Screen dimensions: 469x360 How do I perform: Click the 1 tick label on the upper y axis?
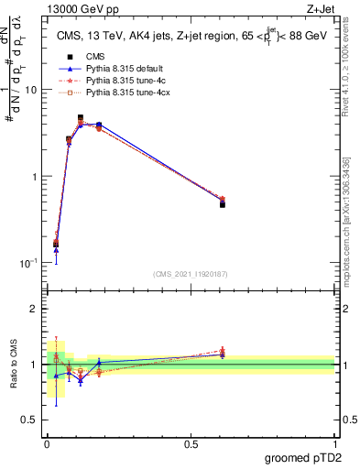point(34,176)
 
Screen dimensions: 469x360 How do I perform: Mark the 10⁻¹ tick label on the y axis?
point(29,263)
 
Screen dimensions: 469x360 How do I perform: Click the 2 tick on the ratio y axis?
point(34,309)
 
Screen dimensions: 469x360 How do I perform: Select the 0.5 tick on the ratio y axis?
point(29,420)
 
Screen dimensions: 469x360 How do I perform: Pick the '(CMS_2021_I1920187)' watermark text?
point(191,274)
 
